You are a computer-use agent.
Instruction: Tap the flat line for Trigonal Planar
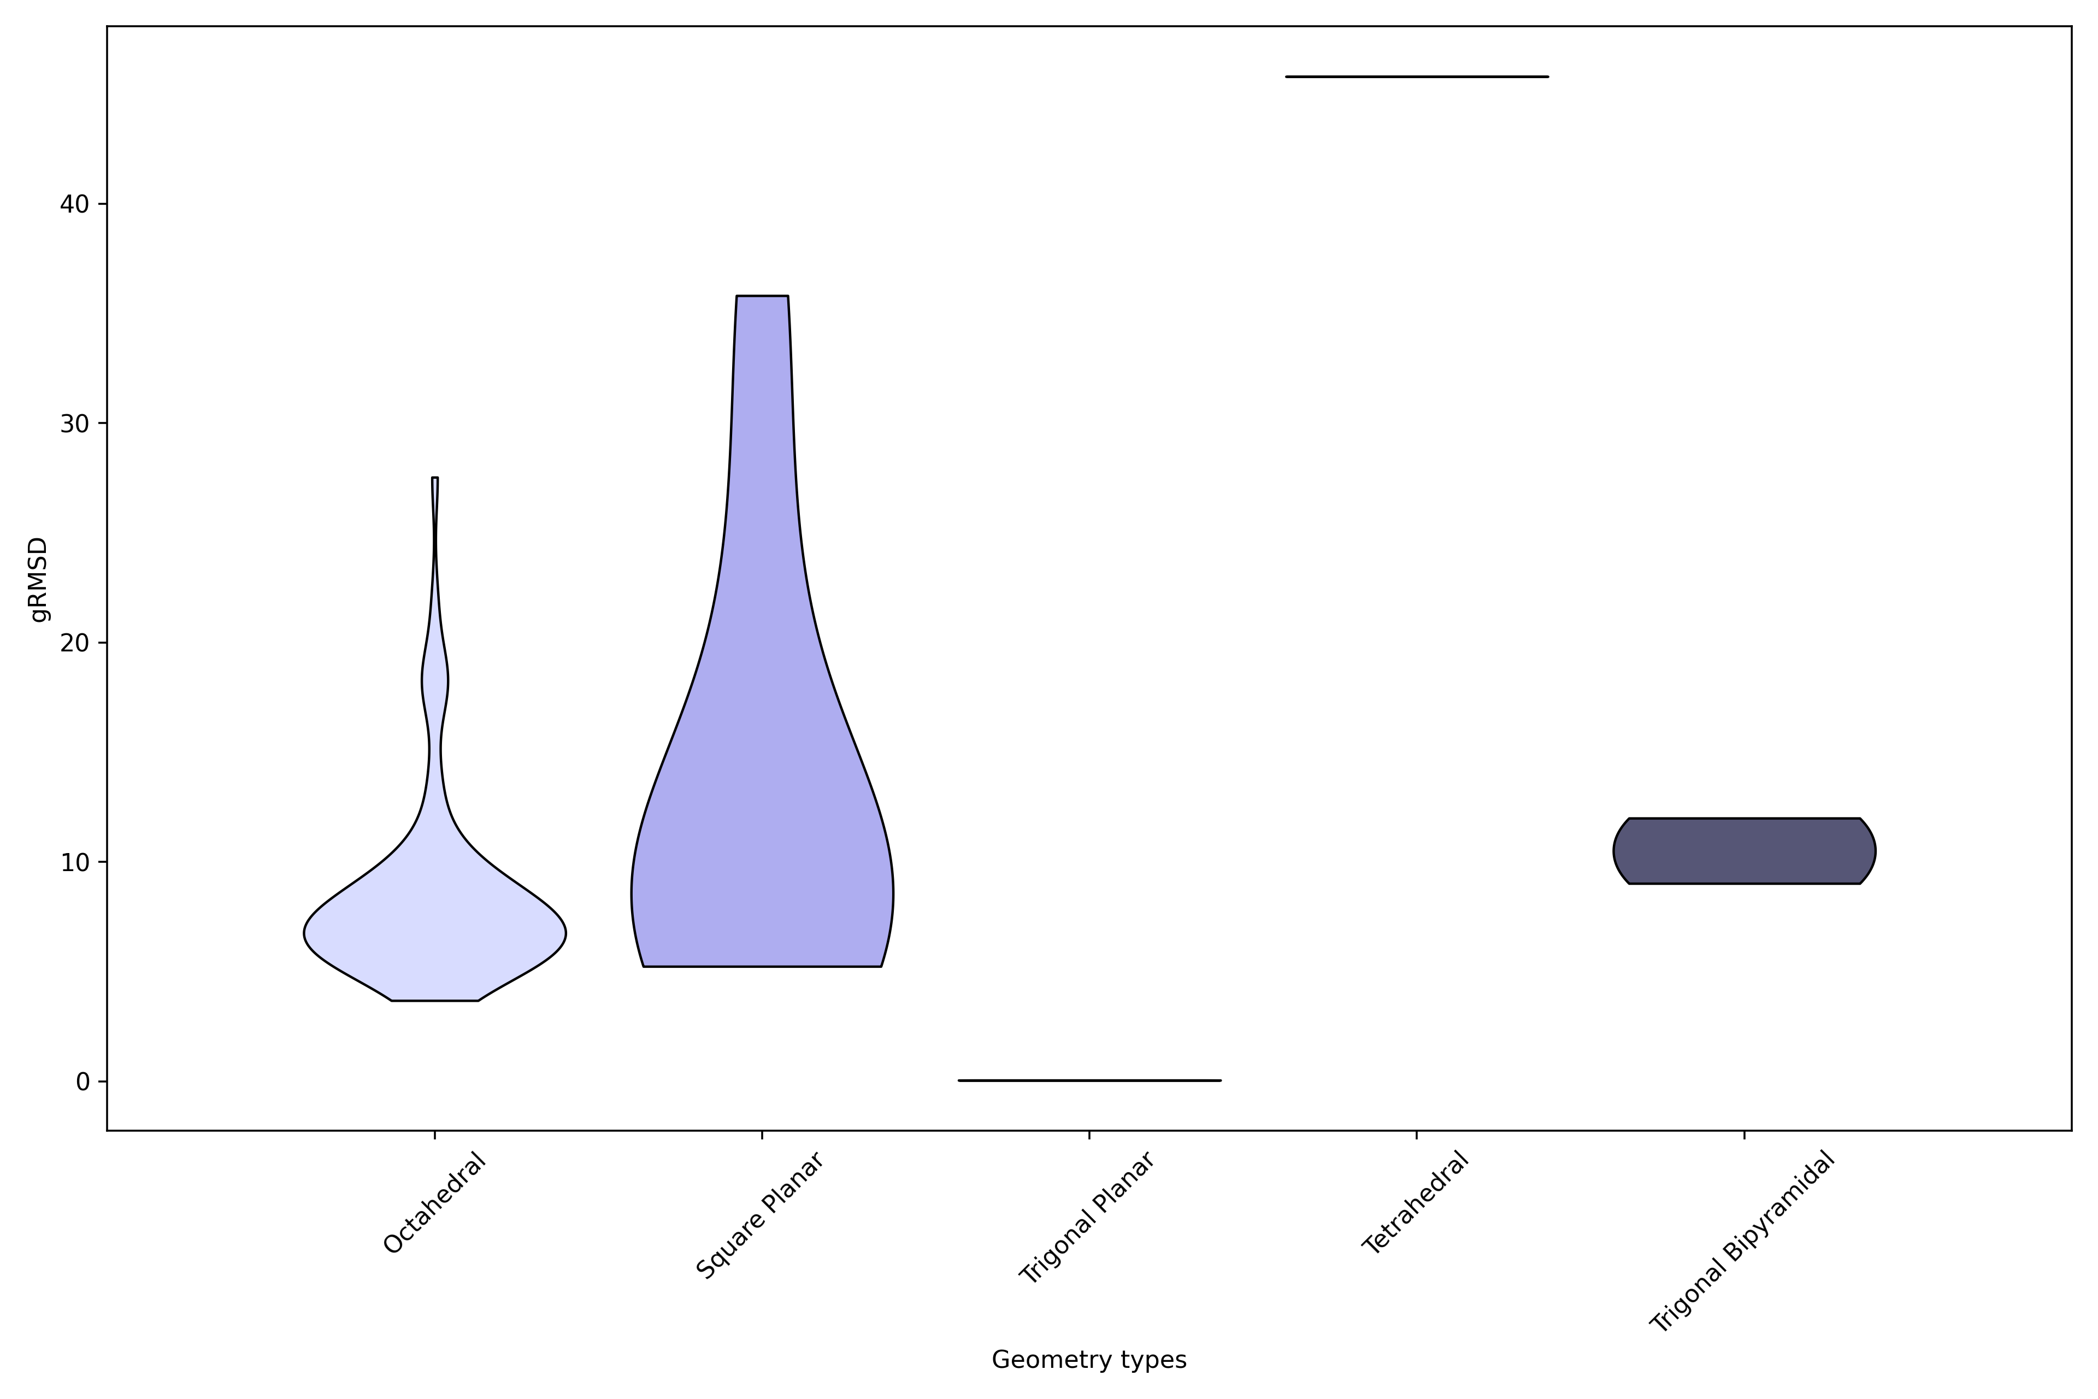pyautogui.click(x=1089, y=1080)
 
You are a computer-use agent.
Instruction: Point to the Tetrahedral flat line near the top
pyautogui.click(x=1417, y=77)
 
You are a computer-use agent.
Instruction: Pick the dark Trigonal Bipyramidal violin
pyautogui.click(x=1744, y=850)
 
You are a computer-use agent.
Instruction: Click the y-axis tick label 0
pyautogui.click(x=83, y=1081)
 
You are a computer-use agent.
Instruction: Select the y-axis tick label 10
pyautogui.click(x=76, y=862)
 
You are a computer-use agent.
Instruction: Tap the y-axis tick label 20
pyautogui.click(x=76, y=643)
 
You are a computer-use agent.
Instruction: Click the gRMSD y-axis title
pyautogui.click(x=38, y=579)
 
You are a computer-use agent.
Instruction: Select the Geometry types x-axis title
pyautogui.click(x=1089, y=1360)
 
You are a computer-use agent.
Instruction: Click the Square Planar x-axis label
pyautogui.click(x=759, y=1215)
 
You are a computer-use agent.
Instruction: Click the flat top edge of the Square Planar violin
pyautogui.click(x=762, y=296)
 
